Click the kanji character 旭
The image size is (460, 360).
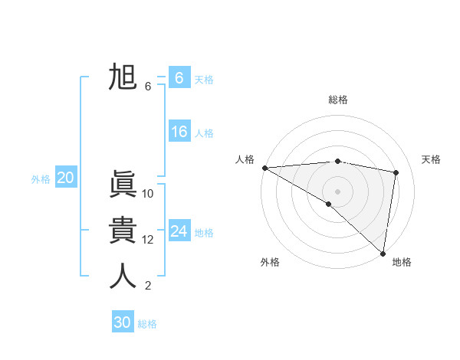(x=123, y=77)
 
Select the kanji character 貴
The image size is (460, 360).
(x=123, y=231)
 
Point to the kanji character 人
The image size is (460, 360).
(x=123, y=277)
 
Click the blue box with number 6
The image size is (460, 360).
(x=179, y=77)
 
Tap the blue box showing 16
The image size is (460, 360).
(x=179, y=132)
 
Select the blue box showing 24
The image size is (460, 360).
(x=179, y=231)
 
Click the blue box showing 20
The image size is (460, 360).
(x=65, y=178)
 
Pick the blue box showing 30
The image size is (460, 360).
(x=123, y=322)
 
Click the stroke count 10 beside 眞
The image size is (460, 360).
(x=148, y=194)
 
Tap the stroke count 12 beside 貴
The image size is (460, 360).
(x=148, y=240)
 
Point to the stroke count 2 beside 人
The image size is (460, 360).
(x=148, y=286)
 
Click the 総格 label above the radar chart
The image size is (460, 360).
(x=338, y=100)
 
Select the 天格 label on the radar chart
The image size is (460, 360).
(x=432, y=159)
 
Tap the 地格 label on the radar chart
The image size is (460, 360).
(x=402, y=262)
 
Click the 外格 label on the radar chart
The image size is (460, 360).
(x=270, y=262)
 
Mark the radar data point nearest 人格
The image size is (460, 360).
(x=264, y=168)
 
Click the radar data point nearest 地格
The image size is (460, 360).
(x=382, y=253)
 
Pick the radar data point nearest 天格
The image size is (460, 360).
(x=396, y=172)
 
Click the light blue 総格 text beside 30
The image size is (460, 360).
(x=148, y=324)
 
